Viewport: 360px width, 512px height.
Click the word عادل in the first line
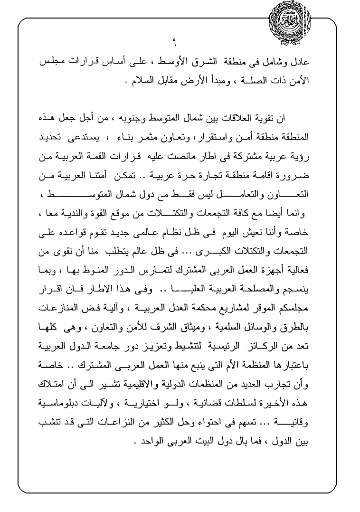pos(300,63)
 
